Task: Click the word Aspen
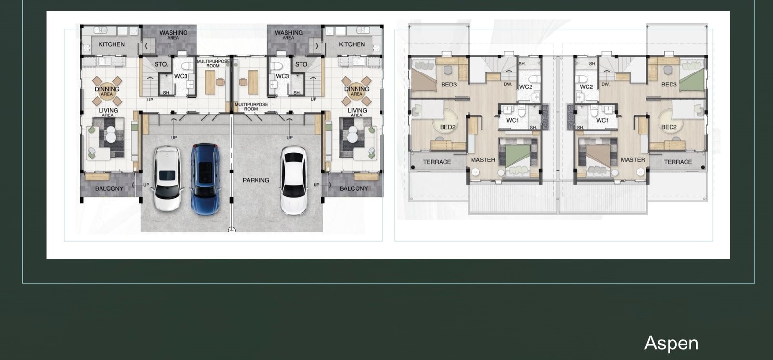pyautogui.click(x=671, y=344)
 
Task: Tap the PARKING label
pyautogui.click(x=256, y=180)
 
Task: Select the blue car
pyautogui.click(x=205, y=179)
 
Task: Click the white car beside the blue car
pyautogui.click(x=167, y=178)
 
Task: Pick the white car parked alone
pyautogui.click(x=294, y=180)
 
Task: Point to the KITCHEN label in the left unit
pyautogui.click(x=112, y=44)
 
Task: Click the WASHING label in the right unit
pyautogui.click(x=289, y=33)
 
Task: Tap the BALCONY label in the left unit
pyautogui.click(x=109, y=188)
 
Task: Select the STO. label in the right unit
pyautogui.click(x=301, y=64)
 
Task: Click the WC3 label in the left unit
pyautogui.click(x=181, y=76)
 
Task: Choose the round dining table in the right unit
pyautogui.click(x=357, y=91)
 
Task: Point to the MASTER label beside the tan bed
pyautogui.click(x=633, y=160)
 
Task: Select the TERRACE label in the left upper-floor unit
pyautogui.click(x=437, y=162)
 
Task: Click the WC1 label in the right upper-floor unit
pyautogui.click(x=602, y=120)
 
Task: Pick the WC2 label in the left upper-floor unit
pyautogui.click(x=526, y=87)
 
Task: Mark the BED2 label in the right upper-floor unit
pyautogui.click(x=669, y=127)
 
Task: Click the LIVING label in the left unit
pyautogui.click(x=108, y=111)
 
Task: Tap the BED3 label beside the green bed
pyautogui.click(x=669, y=85)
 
